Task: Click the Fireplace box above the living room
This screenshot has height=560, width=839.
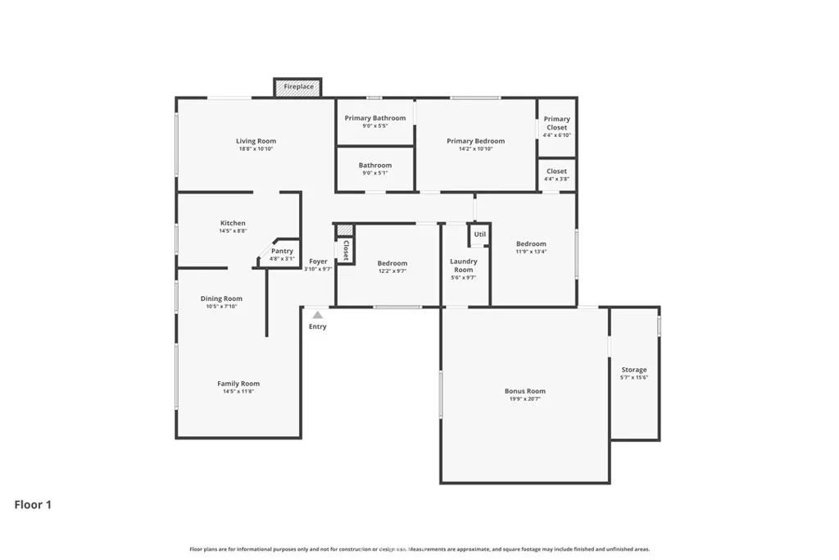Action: click(x=297, y=87)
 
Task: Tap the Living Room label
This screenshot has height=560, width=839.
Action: click(x=256, y=141)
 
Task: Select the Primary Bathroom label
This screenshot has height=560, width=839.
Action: click(x=374, y=118)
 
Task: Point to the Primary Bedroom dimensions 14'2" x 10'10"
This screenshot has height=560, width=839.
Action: click(x=475, y=149)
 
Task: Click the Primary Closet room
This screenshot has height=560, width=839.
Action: click(x=556, y=126)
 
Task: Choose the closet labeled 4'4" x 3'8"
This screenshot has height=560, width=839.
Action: click(x=556, y=175)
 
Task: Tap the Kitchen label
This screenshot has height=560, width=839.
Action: click(x=233, y=223)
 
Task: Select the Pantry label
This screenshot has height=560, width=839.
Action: click(x=282, y=251)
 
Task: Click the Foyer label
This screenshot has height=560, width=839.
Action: click(x=318, y=261)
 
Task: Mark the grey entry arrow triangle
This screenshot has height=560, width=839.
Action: click(x=317, y=315)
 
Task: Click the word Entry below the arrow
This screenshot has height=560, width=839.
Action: click(x=317, y=326)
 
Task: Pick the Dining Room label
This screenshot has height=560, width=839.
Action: click(x=221, y=298)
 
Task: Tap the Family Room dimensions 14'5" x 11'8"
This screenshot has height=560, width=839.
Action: click(x=238, y=392)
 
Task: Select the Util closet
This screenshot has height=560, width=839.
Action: click(x=479, y=234)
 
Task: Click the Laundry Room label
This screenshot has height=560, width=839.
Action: click(x=463, y=266)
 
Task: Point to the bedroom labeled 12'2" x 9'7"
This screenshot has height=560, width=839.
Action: click(x=392, y=267)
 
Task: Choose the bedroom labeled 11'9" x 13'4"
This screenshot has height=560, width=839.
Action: click(x=531, y=248)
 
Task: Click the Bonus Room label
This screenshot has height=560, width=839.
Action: click(x=524, y=391)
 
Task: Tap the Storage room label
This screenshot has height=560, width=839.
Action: click(x=633, y=370)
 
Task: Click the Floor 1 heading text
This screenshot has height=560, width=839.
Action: click(x=33, y=505)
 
